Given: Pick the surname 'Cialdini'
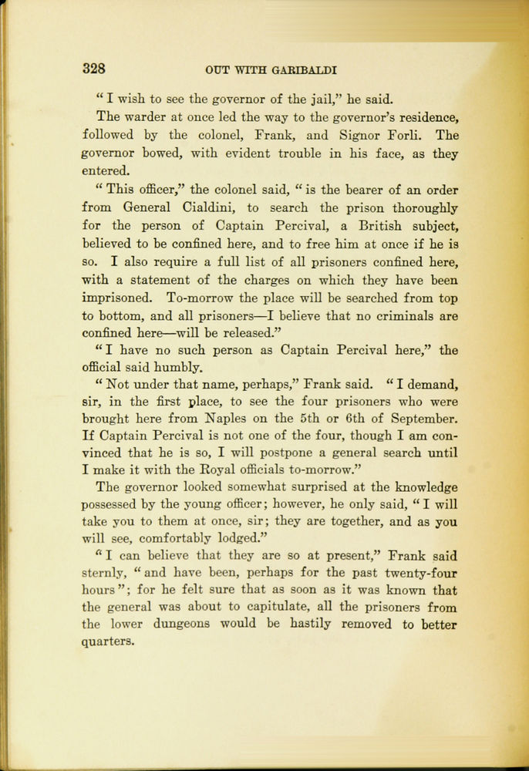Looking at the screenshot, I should [216, 207].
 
